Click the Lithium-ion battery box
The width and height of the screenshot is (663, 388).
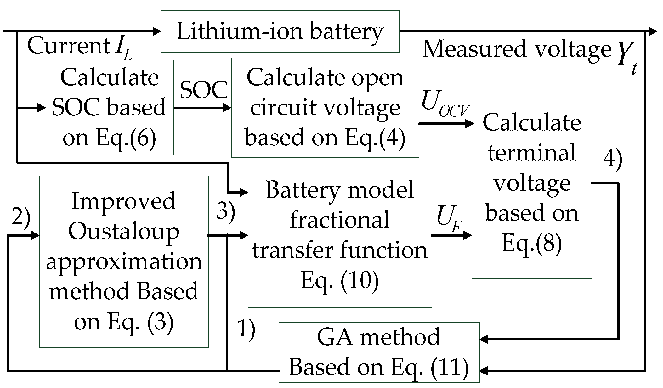point(280,31)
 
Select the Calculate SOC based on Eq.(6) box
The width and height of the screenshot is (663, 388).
point(110,107)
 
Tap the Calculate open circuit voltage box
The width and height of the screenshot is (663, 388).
point(325,107)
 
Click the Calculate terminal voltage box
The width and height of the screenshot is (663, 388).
point(531,183)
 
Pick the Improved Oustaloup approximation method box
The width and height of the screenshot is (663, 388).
point(124,261)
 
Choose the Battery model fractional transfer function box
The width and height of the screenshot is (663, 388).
point(339,235)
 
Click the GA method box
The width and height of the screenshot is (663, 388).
point(379,352)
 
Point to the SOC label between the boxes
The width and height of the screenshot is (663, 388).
point(203,90)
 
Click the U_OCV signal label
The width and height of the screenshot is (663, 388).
point(445,104)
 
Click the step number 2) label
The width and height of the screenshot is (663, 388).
point(20,217)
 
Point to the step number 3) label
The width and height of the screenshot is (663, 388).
point(225,211)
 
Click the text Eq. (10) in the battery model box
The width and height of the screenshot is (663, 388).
point(339,280)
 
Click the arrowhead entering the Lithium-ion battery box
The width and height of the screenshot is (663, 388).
point(156,31)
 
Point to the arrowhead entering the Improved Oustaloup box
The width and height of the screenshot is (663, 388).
point(35,235)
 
